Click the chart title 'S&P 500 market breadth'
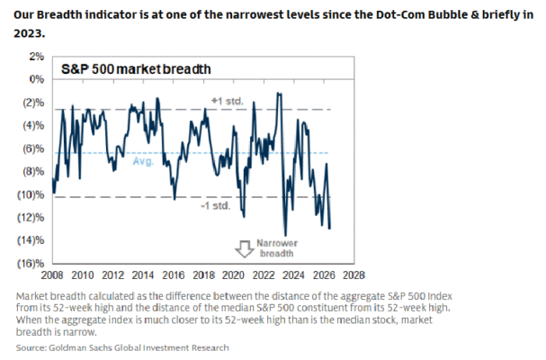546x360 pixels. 136,69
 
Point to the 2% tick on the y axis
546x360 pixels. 37,57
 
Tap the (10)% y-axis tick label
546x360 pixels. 31,194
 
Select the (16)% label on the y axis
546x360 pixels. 31,264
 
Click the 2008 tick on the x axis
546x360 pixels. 52,275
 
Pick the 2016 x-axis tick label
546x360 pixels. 173,275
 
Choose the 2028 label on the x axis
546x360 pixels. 354,275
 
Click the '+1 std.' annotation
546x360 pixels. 227,101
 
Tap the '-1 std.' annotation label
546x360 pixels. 216,205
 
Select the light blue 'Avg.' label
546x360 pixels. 143,161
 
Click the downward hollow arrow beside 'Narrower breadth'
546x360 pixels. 244,248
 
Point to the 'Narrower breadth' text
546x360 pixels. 277,248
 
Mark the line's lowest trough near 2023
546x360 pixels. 285,236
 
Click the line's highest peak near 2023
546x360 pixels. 279,93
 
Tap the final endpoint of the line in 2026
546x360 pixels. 330,229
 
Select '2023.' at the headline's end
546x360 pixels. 30,33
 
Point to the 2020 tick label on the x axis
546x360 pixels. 233,275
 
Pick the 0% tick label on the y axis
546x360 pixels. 37,79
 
